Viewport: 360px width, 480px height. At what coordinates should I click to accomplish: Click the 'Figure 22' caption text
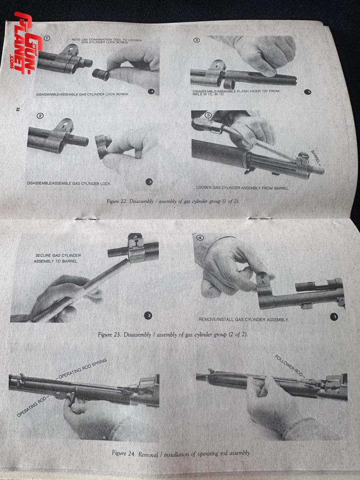pyautogui.click(x=173, y=201)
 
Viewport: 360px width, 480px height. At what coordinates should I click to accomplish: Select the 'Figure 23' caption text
pyautogui.click(x=173, y=334)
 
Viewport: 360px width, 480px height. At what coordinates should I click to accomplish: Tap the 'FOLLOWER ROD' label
pyautogui.click(x=289, y=366)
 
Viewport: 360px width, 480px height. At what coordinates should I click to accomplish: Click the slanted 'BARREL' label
pyautogui.click(x=316, y=158)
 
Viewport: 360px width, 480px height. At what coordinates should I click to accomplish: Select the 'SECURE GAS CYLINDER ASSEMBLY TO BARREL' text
pyautogui.click(x=57, y=258)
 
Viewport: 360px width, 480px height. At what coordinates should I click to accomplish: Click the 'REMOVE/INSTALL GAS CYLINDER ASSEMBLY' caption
pyautogui.click(x=243, y=320)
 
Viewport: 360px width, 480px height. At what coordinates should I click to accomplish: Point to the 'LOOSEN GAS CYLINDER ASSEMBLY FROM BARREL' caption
pyautogui.click(x=242, y=188)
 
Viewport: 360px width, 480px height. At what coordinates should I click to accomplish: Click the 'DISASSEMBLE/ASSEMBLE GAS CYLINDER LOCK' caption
pyautogui.click(x=69, y=183)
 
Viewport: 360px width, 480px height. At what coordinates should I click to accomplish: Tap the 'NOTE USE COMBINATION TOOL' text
pyautogui.click(x=107, y=41)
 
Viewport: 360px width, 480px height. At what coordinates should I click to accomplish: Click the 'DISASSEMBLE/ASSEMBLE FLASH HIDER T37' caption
pyautogui.click(x=236, y=92)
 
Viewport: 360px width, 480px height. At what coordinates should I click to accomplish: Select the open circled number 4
pyautogui.click(x=200, y=238)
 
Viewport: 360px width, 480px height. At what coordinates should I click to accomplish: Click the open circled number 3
pyautogui.click(x=208, y=115)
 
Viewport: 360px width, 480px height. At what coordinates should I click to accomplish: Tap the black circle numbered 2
pyautogui.click(x=149, y=316)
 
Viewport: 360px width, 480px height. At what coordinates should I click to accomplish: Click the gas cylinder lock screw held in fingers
pyautogui.click(x=101, y=74)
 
